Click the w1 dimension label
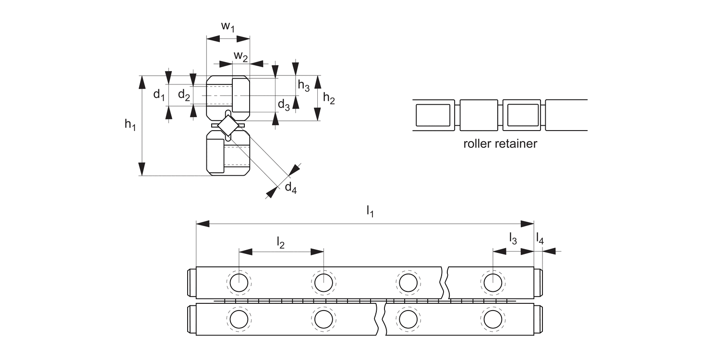[228, 27]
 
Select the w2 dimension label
[241, 56]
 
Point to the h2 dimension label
[329, 98]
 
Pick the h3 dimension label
[303, 85]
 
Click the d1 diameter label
[159, 95]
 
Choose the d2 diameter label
[184, 95]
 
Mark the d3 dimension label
[284, 105]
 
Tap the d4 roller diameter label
[290, 187]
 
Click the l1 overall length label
[370, 212]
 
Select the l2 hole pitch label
[281, 243]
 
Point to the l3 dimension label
[513, 239]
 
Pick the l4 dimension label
[540, 239]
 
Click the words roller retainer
[500, 144]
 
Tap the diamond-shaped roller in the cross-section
[228, 125]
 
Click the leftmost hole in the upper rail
[239, 283]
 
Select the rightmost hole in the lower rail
[493, 320]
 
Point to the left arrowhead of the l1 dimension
[203, 224]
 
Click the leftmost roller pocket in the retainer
[433, 115]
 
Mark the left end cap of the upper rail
[192, 283]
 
